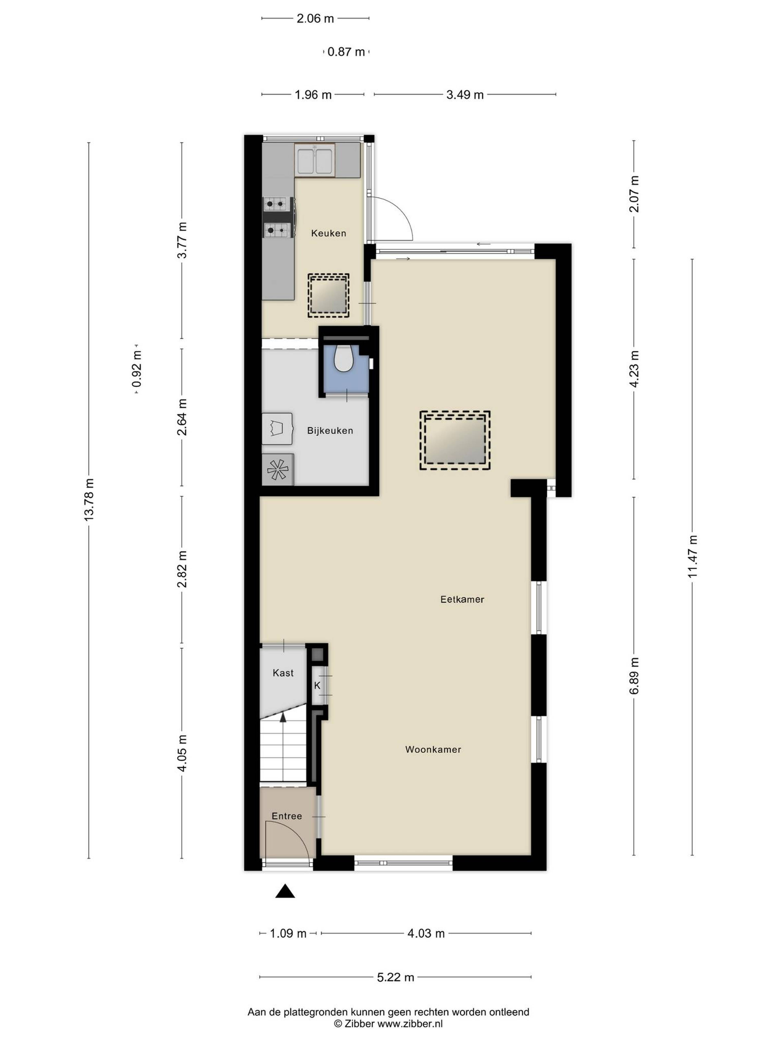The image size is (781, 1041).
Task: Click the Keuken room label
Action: pos(328,233)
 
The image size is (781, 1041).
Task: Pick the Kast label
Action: pos(283,673)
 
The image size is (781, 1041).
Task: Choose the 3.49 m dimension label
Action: pos(465,95)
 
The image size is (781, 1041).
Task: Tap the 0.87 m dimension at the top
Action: pos(346,52)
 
